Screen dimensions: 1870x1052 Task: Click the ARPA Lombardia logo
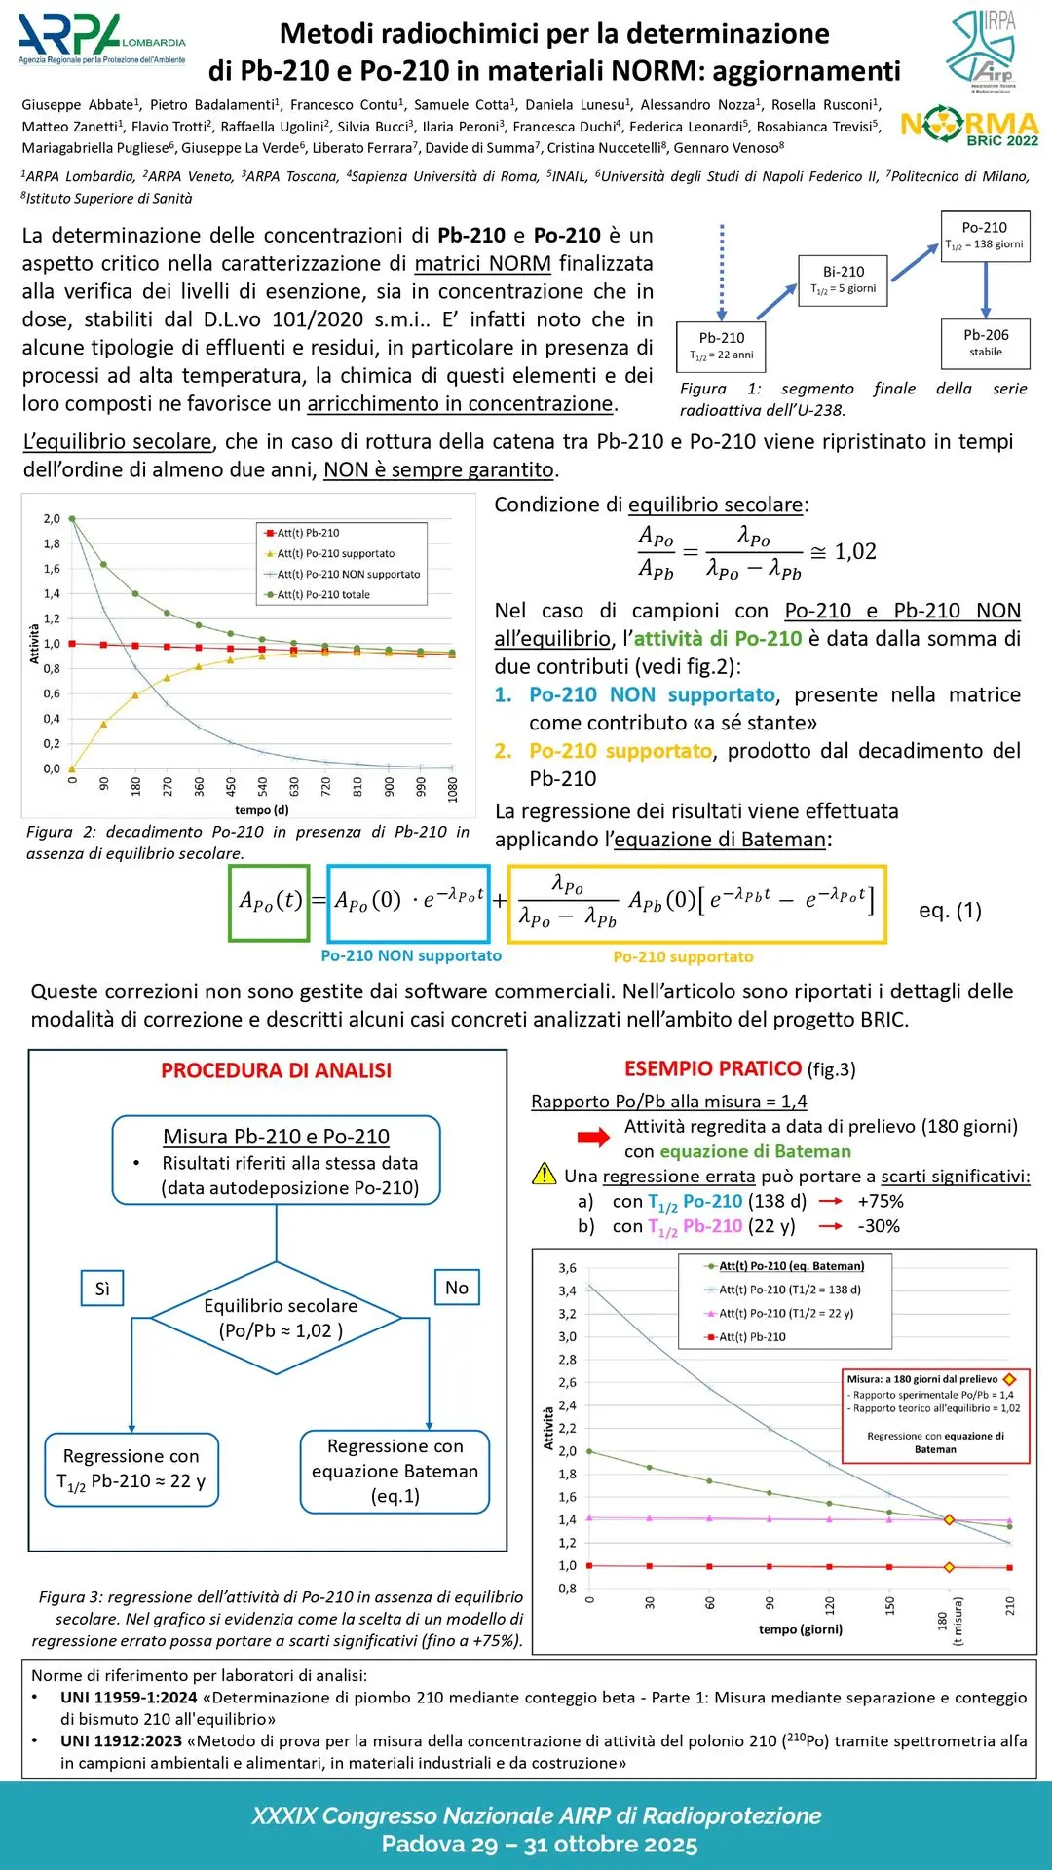pos(101,41)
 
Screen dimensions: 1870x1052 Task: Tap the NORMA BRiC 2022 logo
pos(969,127)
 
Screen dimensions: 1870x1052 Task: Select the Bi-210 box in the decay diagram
pos(843,280)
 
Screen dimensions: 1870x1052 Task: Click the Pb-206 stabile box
pos(985,342)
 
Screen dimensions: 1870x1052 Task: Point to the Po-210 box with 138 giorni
pos(984,235)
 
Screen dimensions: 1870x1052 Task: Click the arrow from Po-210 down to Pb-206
pos(986,288)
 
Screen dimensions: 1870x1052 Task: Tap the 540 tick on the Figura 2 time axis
pos(262,787)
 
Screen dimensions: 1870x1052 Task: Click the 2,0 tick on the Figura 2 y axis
pos(52,519)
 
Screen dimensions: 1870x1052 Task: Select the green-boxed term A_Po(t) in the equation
pos(270,902)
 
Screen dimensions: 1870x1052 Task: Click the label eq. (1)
pos(950,911)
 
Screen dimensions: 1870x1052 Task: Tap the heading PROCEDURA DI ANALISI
pos(276,1070)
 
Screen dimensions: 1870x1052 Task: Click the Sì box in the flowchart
pos(102,1289)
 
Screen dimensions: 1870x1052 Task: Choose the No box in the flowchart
pos(456,1288)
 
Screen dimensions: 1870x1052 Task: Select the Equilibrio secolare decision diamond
pos(279,1319)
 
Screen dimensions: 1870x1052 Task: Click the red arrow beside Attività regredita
pos(593,1138)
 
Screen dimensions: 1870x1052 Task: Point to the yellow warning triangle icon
pos(544,1175)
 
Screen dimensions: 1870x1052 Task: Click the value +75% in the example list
pos(881,1202)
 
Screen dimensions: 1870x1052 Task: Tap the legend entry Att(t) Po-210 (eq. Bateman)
pos(784,1266)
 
